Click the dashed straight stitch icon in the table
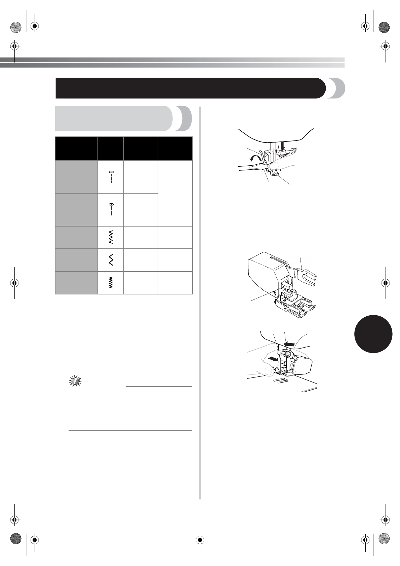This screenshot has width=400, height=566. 111,177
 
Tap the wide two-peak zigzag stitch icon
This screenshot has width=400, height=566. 111,260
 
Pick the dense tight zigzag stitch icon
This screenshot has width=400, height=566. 111,283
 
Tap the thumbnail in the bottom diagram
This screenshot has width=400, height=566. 268,372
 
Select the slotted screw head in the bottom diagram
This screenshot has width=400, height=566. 287,353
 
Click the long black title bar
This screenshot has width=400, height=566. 190,88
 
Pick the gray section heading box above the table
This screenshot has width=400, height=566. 114,118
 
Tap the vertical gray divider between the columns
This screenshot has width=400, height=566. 200,302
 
